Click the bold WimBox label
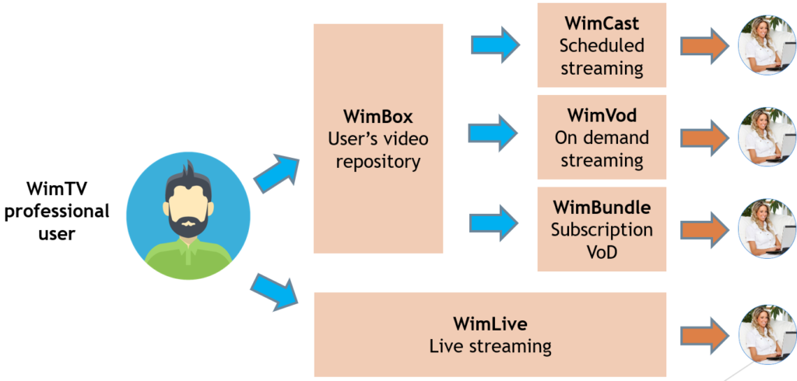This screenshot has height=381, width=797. pyautogui.click(x=378, y=117)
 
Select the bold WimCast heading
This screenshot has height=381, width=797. pyautogui.click(x=602, y=23)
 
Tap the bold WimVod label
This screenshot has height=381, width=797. pyautogui.click(x=602, y=115)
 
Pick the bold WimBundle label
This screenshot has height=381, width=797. pyautogui.click(x=602, y=207)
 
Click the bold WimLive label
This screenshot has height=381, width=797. pyautogui.click(x=490, y=323)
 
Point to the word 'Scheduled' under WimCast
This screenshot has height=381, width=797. pyautogui.click(x=602, y=45)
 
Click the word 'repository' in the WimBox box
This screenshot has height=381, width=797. pyautogui.click(x=378, y=162)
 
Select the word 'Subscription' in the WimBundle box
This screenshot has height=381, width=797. pyautogui.click(x=602, y=229)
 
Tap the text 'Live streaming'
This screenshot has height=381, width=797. pyautogui.click(x=490, y=347)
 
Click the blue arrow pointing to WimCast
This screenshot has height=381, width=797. pyautogui.click(x=496, y=45)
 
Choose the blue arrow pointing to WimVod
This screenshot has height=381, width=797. pyautogui.click(x=493, y=133)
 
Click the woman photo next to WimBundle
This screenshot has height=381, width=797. pyautogui.click(x=767, y=229)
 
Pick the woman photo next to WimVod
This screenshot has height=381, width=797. pyautogui.click(x=767, y=137)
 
